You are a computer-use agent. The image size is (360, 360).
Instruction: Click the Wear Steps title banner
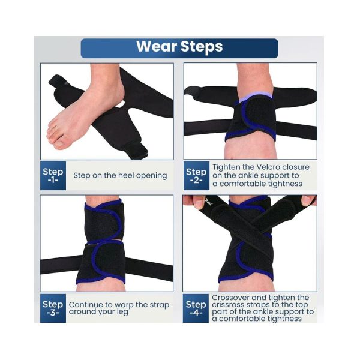pos(179,48)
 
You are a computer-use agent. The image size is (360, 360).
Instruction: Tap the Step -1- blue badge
pos(53,176)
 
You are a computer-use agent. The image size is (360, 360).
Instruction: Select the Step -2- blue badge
pos(196,176)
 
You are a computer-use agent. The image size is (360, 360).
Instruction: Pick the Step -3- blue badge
pos(53,308)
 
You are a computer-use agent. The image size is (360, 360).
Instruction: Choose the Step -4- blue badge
pos(196,308)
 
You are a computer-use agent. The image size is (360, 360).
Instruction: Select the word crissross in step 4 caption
pos(227,305)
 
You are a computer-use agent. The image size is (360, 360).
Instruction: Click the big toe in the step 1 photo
pos(58,143)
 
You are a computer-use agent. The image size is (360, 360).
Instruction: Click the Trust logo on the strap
pos(208,202)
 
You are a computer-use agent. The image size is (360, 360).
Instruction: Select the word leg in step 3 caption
pos(122,312)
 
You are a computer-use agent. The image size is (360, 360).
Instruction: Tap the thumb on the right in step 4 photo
pos(308,200)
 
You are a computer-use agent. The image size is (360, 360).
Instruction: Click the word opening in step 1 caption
pos(152,176)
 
